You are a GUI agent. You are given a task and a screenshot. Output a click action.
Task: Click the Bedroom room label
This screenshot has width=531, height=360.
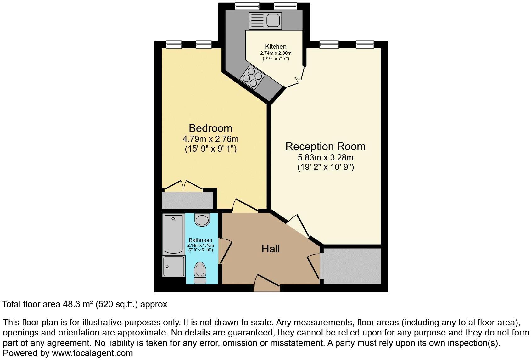click(210, 128)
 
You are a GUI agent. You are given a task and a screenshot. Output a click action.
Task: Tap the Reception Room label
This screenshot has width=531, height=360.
click(325, 146)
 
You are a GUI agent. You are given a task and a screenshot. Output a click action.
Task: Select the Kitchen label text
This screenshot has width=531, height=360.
click(276, 47)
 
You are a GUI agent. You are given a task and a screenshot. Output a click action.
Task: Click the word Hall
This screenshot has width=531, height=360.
click(271, 249)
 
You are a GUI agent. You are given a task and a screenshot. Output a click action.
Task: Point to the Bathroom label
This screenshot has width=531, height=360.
click(200, 240)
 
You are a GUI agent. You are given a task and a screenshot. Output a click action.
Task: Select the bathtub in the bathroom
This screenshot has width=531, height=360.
click(173, 233)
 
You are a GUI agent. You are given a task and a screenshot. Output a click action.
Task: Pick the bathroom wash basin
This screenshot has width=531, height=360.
click(202, 219)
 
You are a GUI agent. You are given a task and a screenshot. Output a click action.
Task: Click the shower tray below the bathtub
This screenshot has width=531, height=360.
click(173, 266)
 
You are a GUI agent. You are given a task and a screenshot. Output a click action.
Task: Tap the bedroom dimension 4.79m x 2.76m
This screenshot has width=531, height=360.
click(210, 139)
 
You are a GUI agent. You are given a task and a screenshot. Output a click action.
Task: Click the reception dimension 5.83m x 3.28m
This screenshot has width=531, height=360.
click(325, 157)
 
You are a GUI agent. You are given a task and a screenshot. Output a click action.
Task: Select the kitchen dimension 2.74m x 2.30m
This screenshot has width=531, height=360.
click(276, 53)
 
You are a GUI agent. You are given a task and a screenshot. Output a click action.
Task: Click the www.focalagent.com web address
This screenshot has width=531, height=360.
click(92, 353)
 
